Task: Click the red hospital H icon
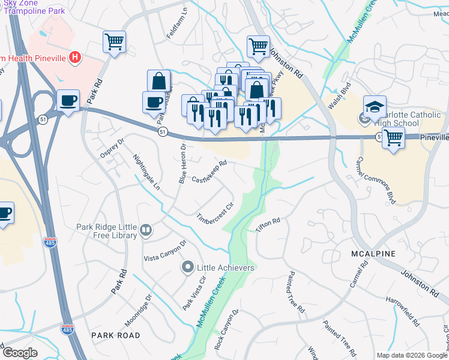(x=75, y=58)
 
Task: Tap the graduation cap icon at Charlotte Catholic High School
(x=374, y=106)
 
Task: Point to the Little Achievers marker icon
(x=188, y=267)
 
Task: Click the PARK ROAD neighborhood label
(x=115, y=335)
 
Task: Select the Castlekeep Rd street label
(x=209, y=171)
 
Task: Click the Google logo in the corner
(x=20, y=353)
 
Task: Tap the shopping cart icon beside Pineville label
(x=393, y=137)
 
